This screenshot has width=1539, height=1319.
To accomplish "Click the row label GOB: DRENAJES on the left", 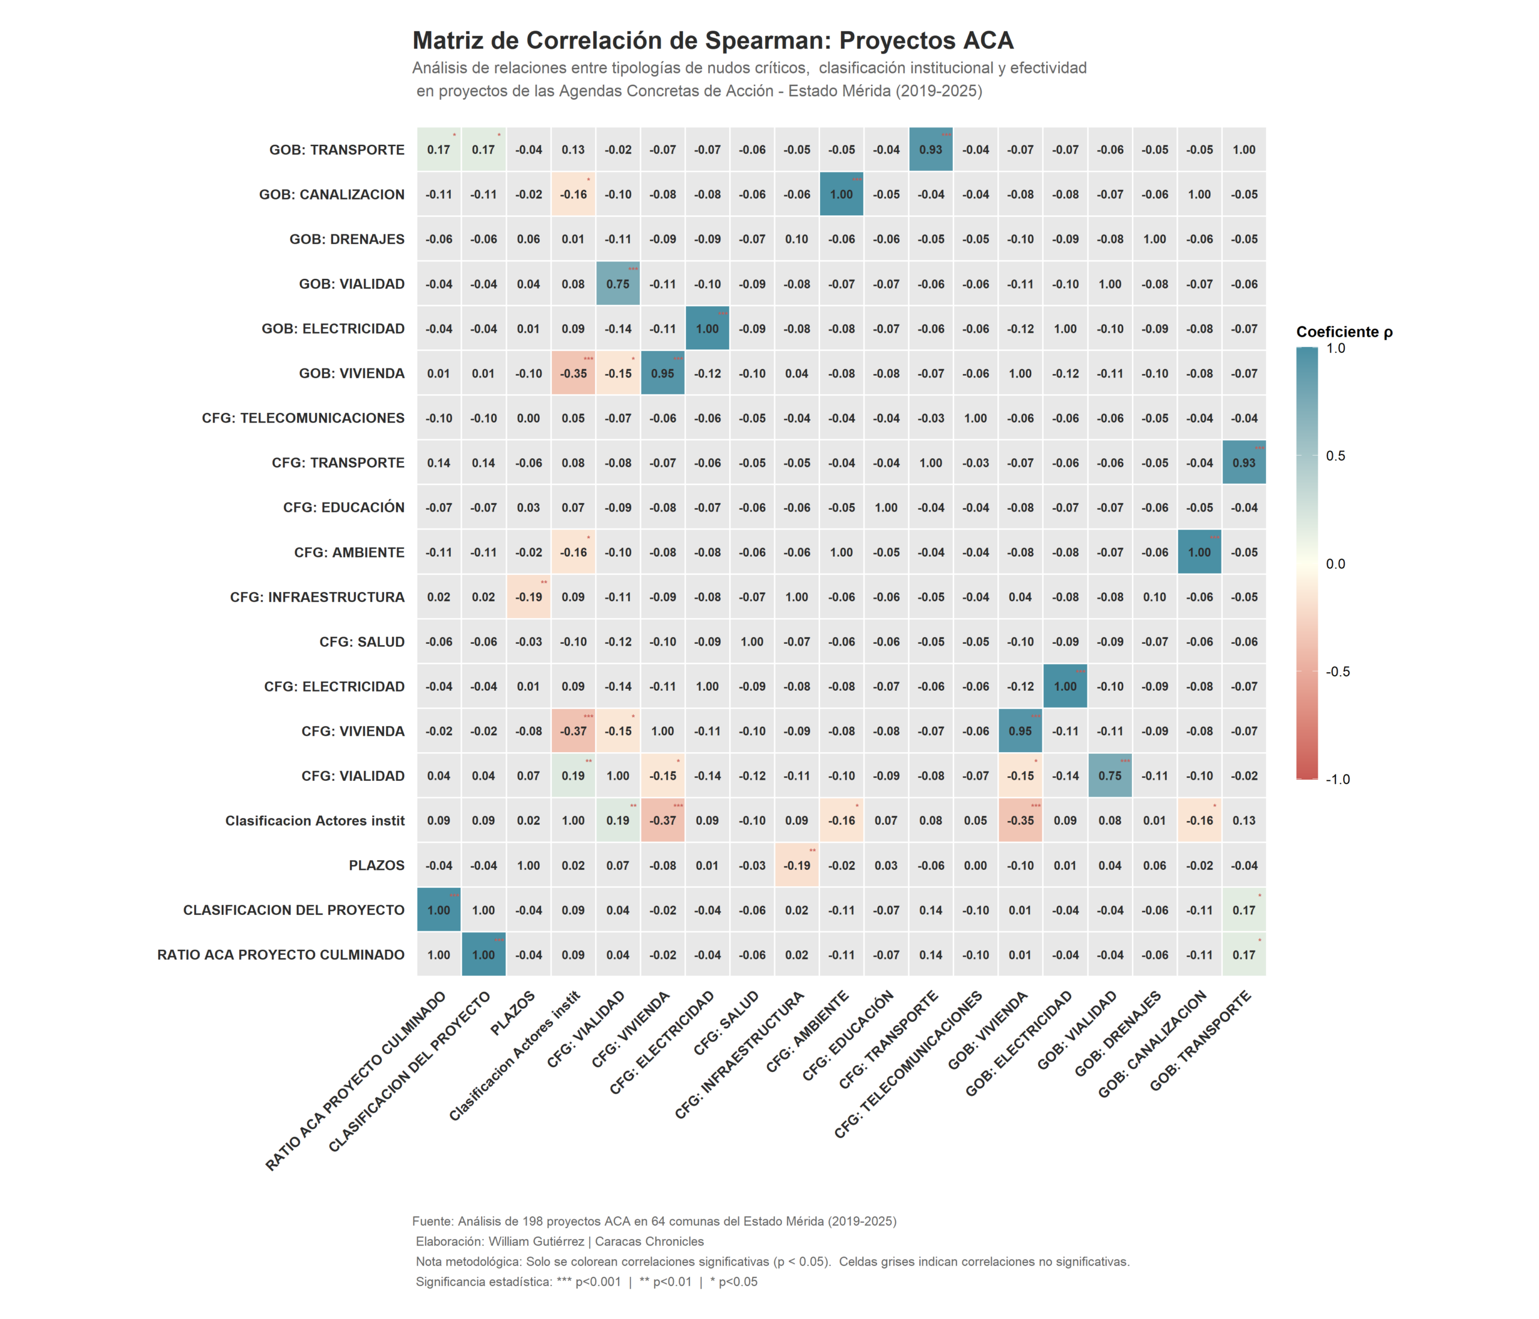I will point(347,239).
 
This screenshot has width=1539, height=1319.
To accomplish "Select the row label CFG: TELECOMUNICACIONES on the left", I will point(303,418).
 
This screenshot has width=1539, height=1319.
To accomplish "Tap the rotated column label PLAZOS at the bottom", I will point(514,1014).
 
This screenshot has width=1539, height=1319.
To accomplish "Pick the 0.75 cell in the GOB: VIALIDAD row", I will point(618,284).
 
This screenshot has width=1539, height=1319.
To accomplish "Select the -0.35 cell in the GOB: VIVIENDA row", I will point(574,373).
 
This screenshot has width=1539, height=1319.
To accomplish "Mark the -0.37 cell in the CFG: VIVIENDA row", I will point(574,732).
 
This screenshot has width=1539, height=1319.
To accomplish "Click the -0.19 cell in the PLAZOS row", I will point(797,865).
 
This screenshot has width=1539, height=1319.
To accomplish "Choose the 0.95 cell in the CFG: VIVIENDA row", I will point(1021,732).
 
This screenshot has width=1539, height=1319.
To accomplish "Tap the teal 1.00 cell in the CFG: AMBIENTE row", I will point(1199,552).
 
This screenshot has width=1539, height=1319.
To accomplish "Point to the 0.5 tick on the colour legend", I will point(1335,456).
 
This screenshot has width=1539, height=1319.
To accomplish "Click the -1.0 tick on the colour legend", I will point(1337,779).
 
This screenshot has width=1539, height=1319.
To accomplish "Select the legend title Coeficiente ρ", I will point(1344,332).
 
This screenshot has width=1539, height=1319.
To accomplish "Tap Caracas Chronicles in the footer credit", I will point(649,1242).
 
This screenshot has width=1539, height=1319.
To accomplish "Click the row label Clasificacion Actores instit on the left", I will point(315,821).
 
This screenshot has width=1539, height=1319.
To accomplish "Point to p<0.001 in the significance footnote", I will point(598,1282).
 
